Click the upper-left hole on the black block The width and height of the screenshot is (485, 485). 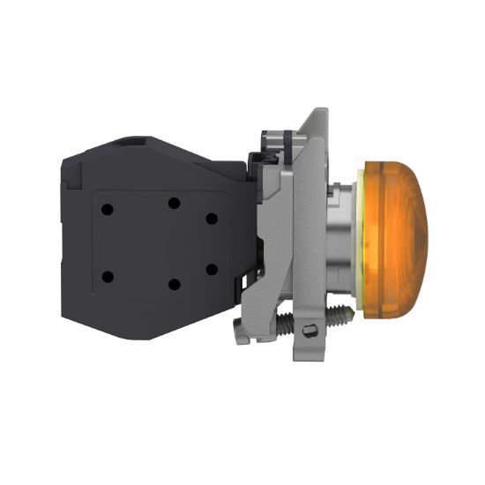click(x=107, y=210)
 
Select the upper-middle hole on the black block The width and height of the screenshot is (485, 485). click(x=172, y=202)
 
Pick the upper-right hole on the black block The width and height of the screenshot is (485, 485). click(x=211, y=217)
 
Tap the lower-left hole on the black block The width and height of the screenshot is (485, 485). click(x=108, y=277)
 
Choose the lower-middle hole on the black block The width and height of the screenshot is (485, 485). click(x=174, y=284)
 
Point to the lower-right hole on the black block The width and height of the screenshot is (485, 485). click(x=211, y=268)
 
